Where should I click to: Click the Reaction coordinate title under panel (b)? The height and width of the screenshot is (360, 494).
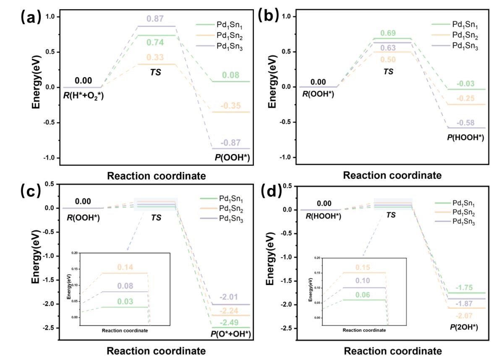[x=392, y=175]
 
